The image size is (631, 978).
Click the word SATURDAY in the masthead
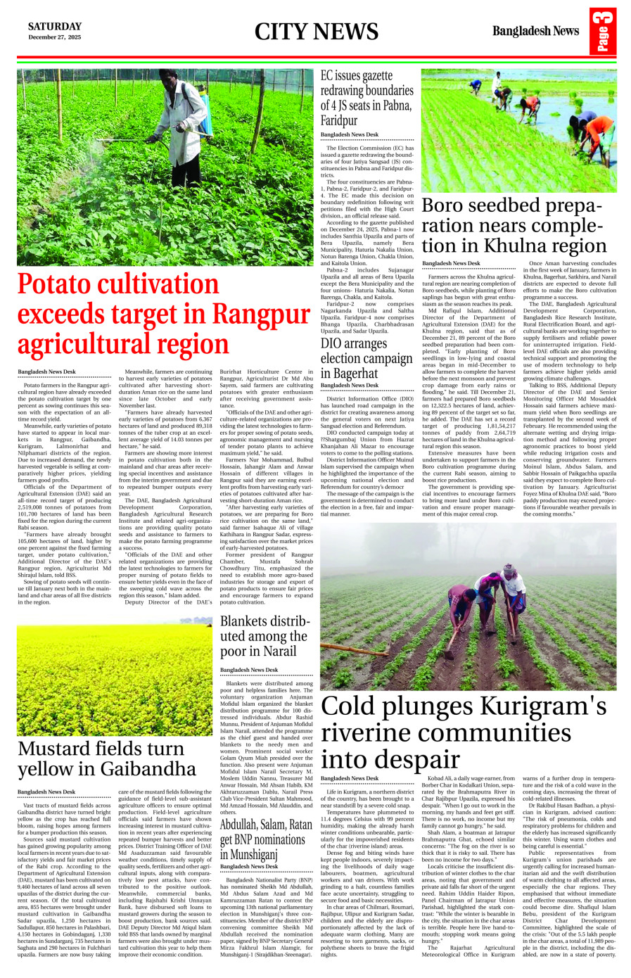point(54,27)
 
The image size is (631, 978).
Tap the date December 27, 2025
point(54,37)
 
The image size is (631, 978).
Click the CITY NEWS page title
point(316,32)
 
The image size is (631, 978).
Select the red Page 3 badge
point(603,31)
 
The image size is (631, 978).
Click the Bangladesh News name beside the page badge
point(535,31)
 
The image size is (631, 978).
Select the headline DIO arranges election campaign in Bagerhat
point(367,358)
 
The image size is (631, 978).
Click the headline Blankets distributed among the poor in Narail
point(264,636)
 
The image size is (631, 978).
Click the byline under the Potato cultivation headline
point(46,371)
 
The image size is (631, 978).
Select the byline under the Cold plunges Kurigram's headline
point(350,778)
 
